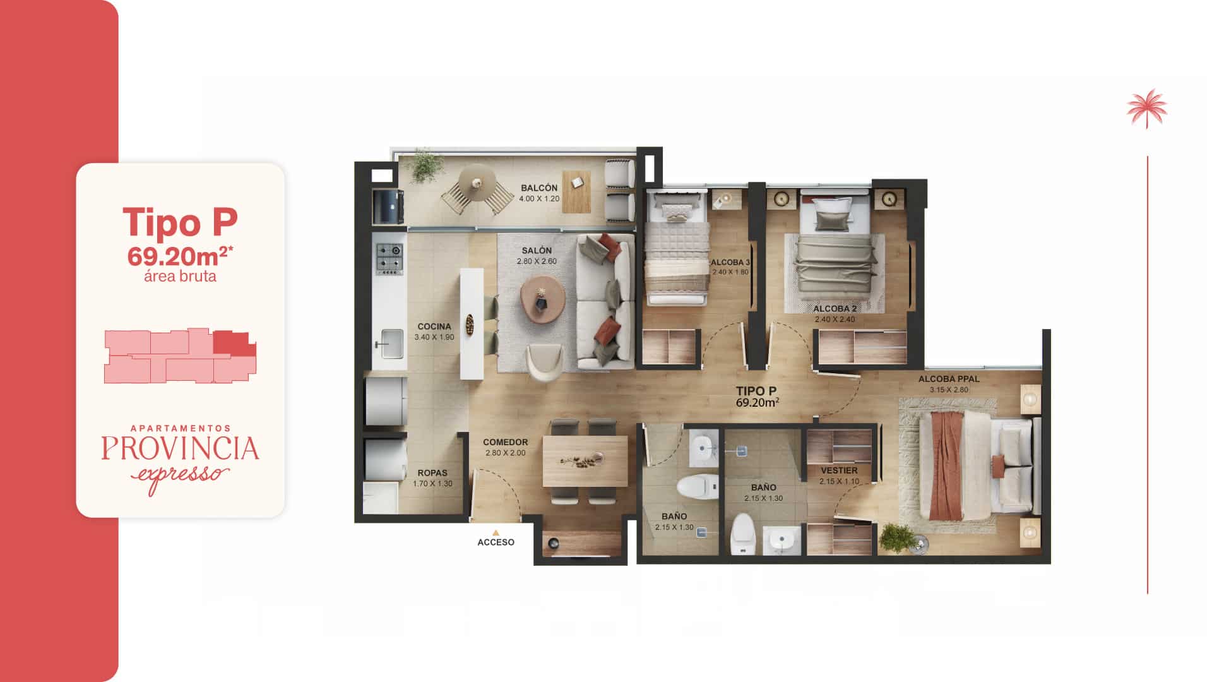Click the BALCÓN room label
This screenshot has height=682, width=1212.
[539, 188]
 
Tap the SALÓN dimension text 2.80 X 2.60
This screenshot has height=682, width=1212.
[537, 261]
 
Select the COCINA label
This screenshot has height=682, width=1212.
[434, 326]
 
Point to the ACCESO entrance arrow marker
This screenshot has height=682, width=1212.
[496, 533]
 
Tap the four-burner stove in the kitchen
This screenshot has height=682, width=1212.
[389, 259]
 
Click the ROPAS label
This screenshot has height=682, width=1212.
[432, 473]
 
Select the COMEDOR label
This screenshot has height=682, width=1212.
[505, 443]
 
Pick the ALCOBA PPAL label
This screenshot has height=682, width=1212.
[949, 379]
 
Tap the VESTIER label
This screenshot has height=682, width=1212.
[839, 470]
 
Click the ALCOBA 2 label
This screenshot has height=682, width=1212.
[835, 309]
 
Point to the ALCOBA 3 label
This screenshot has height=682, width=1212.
[730, 262]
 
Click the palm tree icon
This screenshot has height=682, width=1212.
[1147, 108]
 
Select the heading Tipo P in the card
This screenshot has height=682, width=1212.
[180, 222]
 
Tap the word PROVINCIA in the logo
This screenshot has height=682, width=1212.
[180, 448]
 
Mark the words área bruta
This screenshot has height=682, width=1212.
[180, 276]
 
